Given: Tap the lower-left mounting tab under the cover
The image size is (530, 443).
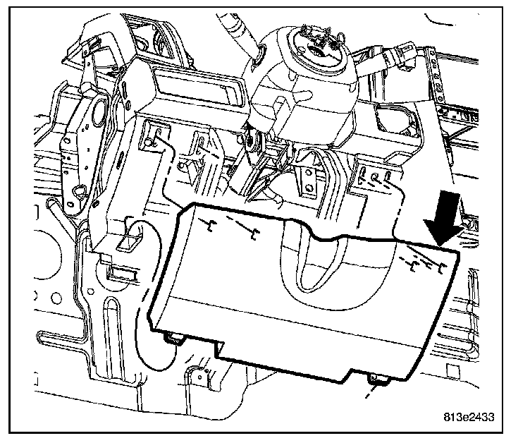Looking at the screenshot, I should coord(172,339).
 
